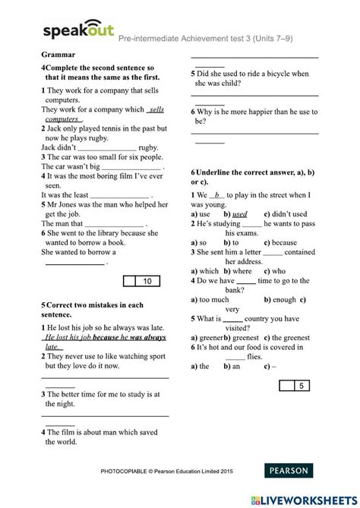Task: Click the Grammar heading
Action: pyautogui.click(x=58, y=55)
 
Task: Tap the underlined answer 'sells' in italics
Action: pyautogui.click(x=155, y=109)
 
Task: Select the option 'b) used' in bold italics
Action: pyautogui.click(x=235, y=214)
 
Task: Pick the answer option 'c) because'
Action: pyautogui.click(x=278, y=243)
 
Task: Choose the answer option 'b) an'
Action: pyautogui.click(x=231, y=366)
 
